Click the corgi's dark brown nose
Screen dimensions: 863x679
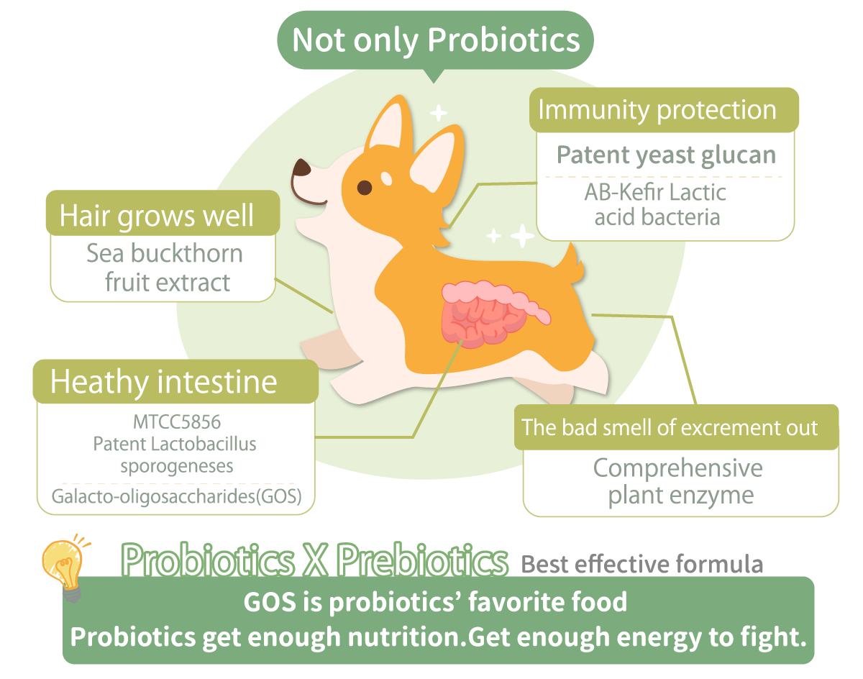coord(301,168)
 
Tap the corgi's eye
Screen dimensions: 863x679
coord(364,187)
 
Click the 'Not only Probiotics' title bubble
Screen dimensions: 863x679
coord(435,41)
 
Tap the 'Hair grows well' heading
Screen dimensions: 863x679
coord(156,215)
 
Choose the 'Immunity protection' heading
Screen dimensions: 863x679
coord(657,109)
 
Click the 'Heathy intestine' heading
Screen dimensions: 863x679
coord(164,381)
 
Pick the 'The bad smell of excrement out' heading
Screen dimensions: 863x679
coord(670,427)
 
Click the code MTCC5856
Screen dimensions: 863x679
coord(176,421)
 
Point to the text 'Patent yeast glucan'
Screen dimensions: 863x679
coord(666,155)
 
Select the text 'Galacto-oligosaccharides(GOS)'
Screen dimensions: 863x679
coord(176,496)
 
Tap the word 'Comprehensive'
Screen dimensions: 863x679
coord(677,468)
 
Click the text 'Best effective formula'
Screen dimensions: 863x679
coord(641,564)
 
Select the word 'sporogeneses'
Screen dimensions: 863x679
coord(177,466)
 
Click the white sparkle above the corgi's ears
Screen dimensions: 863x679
coord(438,113)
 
